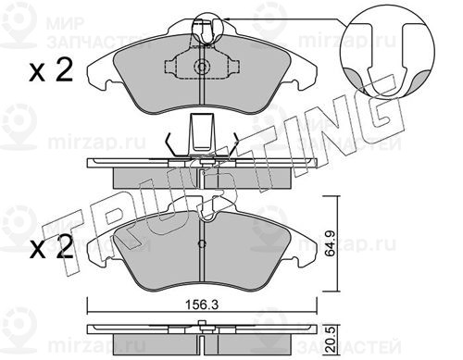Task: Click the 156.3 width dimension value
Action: coord(202,305)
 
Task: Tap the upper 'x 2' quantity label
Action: coord(51,70)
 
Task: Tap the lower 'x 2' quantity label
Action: coord(51,247)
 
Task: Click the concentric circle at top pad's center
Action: coord(202,67)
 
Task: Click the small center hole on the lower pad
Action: coord(202,243)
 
